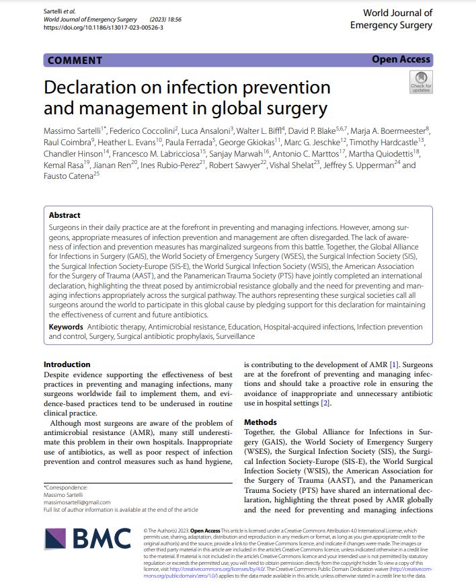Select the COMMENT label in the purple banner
(76, 60)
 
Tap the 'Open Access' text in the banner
(401, 60)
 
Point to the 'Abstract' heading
(65, 215)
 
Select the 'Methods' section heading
(260, 422)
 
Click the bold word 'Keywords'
(65, 326)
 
